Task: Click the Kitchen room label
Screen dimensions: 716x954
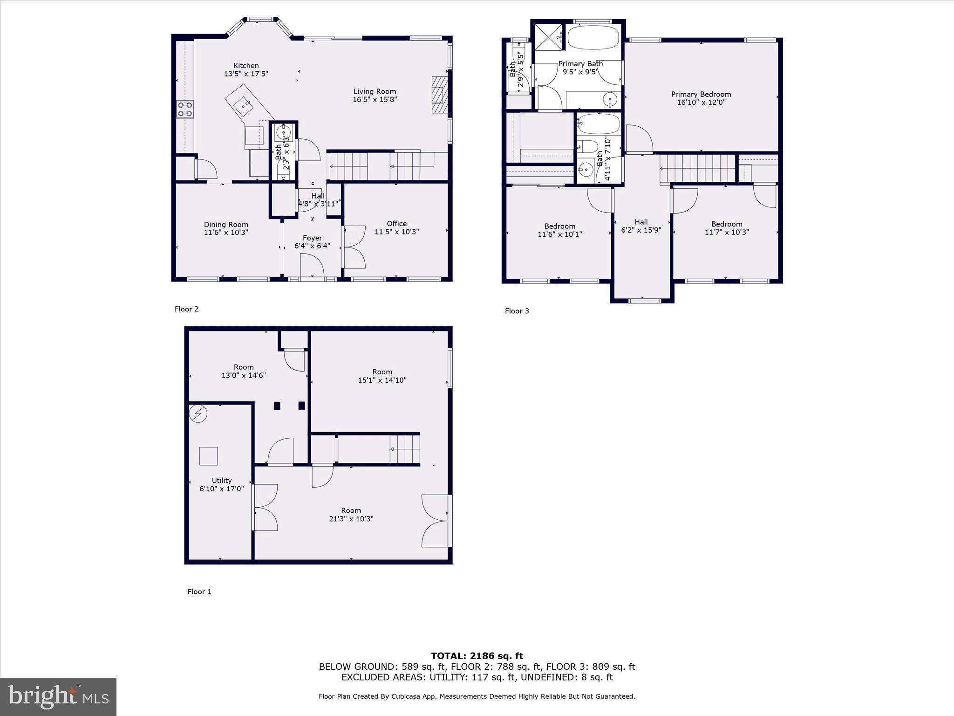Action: coord(246,66)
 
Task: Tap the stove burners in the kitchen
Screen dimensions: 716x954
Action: coord(185,109)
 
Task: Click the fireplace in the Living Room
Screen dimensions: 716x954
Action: coord(439,95)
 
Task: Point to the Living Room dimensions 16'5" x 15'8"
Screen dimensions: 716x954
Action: coord(375,99)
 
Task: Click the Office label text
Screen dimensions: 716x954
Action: coord(396,223)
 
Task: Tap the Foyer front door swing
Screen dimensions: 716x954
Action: coord(312,267)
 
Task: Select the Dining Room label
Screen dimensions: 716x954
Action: coord(226,224)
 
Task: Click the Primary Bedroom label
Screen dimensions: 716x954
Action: coord(701,94)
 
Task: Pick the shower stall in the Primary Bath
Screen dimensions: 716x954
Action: coord(547,36)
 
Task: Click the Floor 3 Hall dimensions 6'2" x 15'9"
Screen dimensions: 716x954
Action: coord(641,230)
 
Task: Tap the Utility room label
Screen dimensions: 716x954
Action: coord(221,480)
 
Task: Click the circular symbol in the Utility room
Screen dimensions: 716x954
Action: coord(198,413)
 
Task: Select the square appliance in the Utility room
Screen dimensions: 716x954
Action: coord(208,456)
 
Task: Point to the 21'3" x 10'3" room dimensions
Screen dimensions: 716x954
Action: coord(351,518)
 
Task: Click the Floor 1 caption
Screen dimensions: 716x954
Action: coord(199,592)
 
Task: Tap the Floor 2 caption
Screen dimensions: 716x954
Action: coord(186,309)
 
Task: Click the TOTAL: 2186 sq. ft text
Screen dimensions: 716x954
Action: coord(477,656)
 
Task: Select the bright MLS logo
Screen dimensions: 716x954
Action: coord(58,696)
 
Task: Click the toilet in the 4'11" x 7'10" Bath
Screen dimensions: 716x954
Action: coord(586,147)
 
